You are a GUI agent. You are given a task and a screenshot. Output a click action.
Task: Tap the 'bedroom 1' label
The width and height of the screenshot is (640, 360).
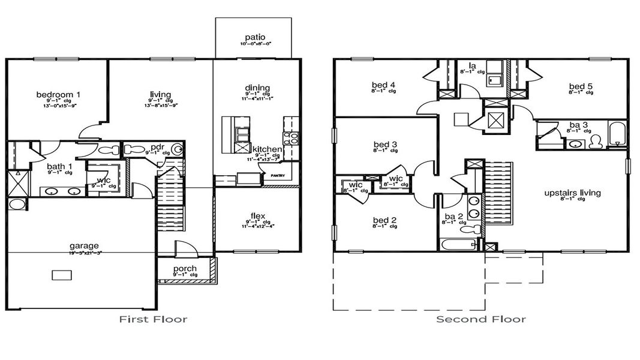coord(58,94)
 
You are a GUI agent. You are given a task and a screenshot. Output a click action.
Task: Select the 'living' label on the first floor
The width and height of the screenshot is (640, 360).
coord(160,94)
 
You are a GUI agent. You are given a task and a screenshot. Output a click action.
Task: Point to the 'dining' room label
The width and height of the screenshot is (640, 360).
coord(257,88)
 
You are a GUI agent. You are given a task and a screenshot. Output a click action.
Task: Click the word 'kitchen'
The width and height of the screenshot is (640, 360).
coord(267,148)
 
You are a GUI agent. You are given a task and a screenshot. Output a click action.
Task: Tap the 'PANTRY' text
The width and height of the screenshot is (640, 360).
coord(277,176)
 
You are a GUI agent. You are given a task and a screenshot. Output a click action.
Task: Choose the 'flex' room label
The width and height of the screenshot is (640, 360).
coord(257,216)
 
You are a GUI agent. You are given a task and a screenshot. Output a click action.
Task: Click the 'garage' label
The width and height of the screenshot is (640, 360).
coord(84,245)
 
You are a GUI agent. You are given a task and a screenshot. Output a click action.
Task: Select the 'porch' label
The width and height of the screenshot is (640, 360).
coord(185,268)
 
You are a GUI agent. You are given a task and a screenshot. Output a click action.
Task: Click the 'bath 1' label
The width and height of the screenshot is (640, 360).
coord(59,166)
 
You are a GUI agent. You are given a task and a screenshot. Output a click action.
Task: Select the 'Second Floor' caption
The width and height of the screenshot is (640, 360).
coord(481,319)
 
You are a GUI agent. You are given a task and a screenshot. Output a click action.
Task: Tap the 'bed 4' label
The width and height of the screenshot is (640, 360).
coord(384,85)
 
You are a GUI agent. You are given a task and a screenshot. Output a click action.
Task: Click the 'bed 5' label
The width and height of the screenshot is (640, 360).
coord(581,87)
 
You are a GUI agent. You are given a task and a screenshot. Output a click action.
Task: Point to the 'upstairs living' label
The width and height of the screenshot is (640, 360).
coord(572,193)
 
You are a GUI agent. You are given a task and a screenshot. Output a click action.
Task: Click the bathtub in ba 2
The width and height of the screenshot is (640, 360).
coord(459,244)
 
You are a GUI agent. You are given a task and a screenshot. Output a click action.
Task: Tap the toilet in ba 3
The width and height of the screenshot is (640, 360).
coord(596,142)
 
